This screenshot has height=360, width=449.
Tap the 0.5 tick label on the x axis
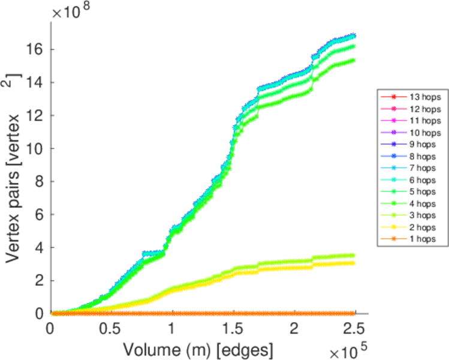tap(108, 330)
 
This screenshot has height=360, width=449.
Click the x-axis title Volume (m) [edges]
tap(199, 349)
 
